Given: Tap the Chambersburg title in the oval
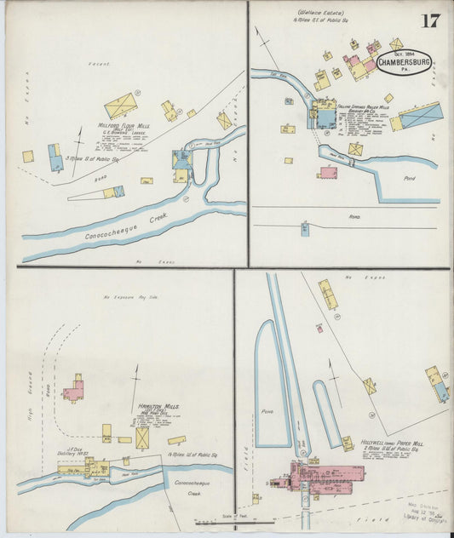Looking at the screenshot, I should tap(405, 62).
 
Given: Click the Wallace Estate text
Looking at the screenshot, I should tap(314, 12).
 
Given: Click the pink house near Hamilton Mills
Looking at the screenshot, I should tap(73, 390).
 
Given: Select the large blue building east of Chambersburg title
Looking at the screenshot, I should tap(422, 115).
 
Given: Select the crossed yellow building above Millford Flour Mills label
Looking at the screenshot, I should tap(121, 106).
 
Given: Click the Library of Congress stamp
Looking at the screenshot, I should tap(427, 515).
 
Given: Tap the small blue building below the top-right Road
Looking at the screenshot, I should tap(305, 227).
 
